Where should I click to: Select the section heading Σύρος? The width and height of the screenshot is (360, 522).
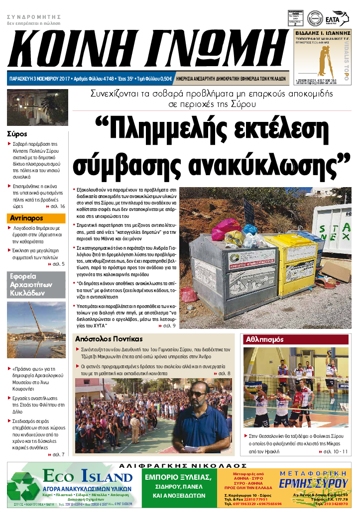[x=17, y=134]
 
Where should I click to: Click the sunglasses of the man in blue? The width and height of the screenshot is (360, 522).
[x=198, y=394]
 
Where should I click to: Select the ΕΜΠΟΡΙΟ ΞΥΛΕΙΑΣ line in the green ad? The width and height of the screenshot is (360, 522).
[x=178, y=478]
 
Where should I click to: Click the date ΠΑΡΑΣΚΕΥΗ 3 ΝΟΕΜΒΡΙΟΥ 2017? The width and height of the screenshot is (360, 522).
[x=39, y=79]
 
